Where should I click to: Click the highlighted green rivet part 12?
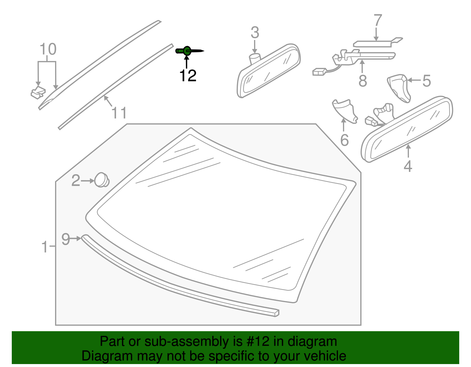[x=187, y=51]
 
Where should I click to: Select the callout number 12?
[x=188, y=76]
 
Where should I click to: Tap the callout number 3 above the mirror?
[x=255, y=33]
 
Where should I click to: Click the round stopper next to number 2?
[x=102, y=180]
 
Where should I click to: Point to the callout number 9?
[x=66, y=239]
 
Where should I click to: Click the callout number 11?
[x=119, y=113]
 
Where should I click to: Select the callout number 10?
[x=48, y=49]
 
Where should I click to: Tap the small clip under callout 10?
[x=38, y=92]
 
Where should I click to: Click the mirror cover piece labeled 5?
[x=399, y=88]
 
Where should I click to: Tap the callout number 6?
[x=344, y=140]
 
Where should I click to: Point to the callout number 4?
[x=408, y=166]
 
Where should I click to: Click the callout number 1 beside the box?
[x=44, y=247]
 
